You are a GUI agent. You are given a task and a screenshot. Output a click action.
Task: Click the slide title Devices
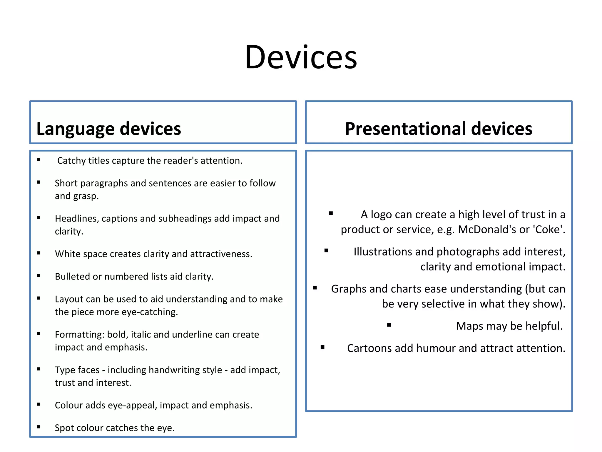[301, 57]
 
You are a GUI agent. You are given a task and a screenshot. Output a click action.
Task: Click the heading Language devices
[108, 129]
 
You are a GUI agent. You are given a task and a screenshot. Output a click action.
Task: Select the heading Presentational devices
[438, 129]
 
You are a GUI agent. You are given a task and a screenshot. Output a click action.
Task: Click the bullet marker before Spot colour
[39, 427]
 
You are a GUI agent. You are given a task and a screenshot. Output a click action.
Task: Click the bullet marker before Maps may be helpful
[389, 325]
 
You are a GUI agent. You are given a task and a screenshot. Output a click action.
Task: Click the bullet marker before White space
[39, 253]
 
